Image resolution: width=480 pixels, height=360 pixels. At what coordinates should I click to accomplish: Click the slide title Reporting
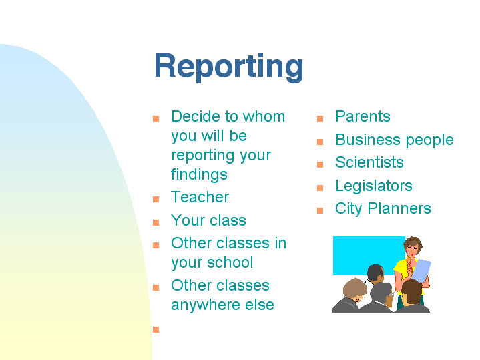point(229,67)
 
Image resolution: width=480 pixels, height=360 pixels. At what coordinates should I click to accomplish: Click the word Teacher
point(200,197)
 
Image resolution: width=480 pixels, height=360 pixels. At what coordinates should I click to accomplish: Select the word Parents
point(363,116)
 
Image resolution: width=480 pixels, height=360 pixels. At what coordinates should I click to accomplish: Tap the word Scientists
point(369,162)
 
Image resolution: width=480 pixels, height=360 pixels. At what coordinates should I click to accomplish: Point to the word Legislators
point(374,186)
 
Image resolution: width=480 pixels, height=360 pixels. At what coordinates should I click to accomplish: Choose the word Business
point(368,140)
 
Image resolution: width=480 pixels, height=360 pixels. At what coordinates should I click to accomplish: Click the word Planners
point(399,208)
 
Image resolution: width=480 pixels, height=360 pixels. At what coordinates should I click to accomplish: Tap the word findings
point(199,175)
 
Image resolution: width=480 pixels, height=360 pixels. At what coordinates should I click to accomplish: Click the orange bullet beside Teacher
point(156,200)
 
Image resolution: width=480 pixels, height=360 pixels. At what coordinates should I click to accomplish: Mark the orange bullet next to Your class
point(156,222)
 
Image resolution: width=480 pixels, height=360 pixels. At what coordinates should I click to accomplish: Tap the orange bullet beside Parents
point(320,119)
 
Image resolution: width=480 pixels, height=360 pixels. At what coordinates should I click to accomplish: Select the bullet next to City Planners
point(320,211)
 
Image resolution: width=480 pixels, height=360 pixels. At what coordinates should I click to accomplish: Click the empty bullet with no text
point(156,330)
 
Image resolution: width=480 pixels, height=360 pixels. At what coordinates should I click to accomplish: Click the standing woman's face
point(412,250)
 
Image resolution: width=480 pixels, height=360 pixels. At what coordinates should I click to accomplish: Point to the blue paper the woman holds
point(421,271)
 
